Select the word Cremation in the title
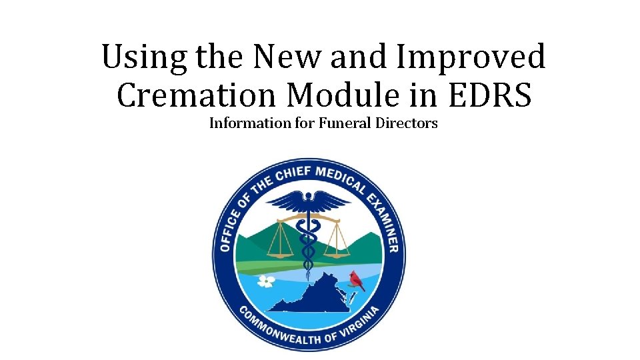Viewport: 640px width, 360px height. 197,95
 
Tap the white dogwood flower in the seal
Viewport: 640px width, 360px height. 265,281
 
